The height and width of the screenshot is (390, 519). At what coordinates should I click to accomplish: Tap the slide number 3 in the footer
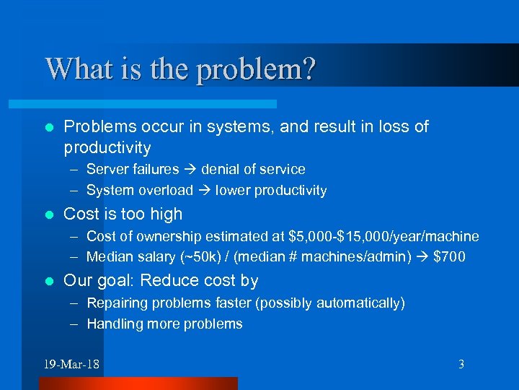click(461, 364)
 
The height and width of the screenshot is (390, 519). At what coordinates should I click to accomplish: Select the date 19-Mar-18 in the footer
click(71, 364)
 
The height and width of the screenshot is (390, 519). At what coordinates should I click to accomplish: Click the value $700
click(449, 257)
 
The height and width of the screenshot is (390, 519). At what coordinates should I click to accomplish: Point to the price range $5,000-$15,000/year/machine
click(383, 236)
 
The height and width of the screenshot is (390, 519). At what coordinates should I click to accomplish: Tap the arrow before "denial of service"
click(190, 169)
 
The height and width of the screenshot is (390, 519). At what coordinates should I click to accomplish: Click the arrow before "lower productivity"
click(205, 191)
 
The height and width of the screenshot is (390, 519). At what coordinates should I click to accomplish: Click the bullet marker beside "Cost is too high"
click(48, 214)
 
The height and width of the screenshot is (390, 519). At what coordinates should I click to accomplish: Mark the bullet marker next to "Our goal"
click(48, 281)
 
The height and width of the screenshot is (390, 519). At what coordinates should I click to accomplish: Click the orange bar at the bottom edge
click(138, 383)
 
